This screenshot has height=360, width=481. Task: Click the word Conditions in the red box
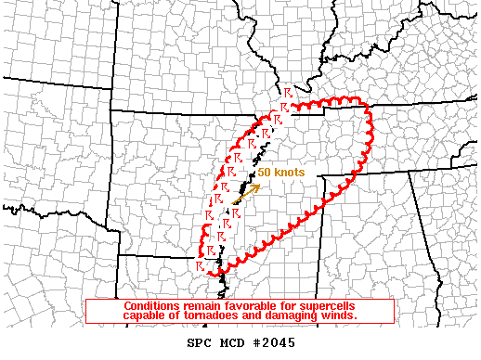click(x=152, y=306)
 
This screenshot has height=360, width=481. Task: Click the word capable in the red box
click(x=141, y=316)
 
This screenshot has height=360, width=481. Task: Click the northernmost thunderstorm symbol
click(x=289, y=95)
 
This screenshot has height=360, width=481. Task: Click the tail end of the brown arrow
click(x=235, y=202)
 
